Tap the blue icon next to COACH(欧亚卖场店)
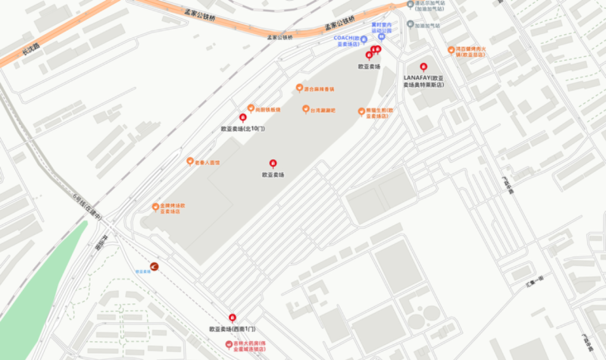coord(364,39)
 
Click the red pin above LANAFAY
coord(423,67)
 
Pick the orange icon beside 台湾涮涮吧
coord(306,109)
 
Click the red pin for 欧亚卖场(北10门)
coord(243,118)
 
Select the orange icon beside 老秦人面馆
coord(190,161)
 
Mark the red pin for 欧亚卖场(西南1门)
coord(233,318)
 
